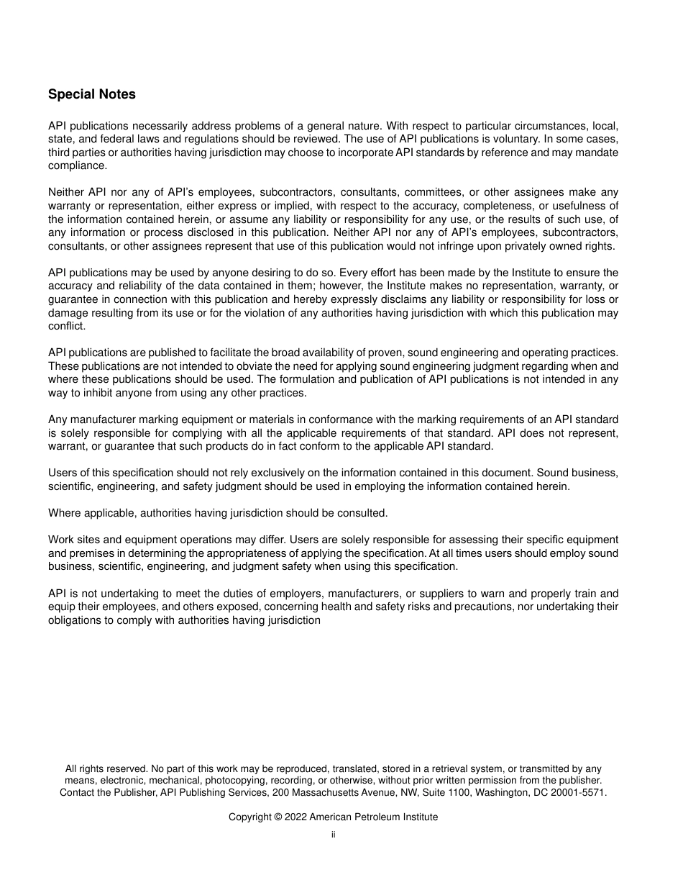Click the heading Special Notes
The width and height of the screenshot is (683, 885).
[x=91, y=94]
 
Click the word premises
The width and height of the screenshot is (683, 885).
[x=91, y=553]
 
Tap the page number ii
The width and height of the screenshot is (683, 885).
[x=333, y=835]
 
